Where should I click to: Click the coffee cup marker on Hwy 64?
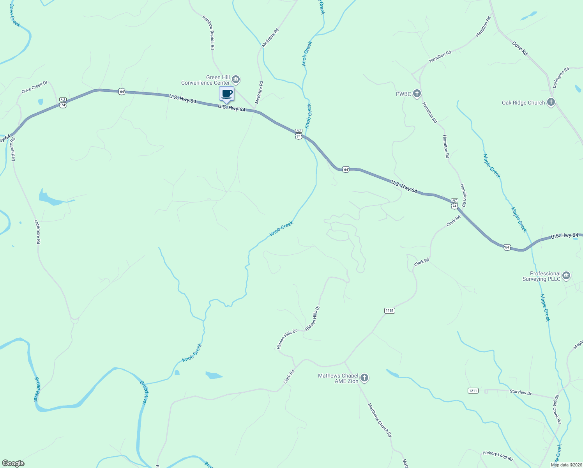click(x=226, y=94)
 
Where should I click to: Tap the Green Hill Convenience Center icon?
click(x=236, y=80)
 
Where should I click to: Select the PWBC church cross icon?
click(x=417, y=94)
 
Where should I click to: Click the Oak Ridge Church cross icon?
click(x=551, y=102)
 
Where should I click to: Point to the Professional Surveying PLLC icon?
click(x=566, y=276)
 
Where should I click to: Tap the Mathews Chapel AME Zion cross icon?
click(x=364, y=378)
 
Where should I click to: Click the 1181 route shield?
click(x=390, y=310)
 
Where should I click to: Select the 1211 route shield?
click(x=473, y=390)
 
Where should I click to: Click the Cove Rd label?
click(x=520, y=49)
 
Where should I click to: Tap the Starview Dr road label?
click(x=521, y=393)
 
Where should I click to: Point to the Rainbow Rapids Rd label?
click(x=208, y=32)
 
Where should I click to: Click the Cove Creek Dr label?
click(x=34, y=87)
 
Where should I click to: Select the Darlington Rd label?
click(x=561, y=77)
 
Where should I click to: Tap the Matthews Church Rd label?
click(x=380, y=420)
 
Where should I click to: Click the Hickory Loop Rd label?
click(x=498, y=456)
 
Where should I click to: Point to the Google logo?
click(x=13, y=463)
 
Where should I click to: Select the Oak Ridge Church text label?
click(x=523, y=103)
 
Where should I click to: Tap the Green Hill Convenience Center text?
click(x=205, y=80)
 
